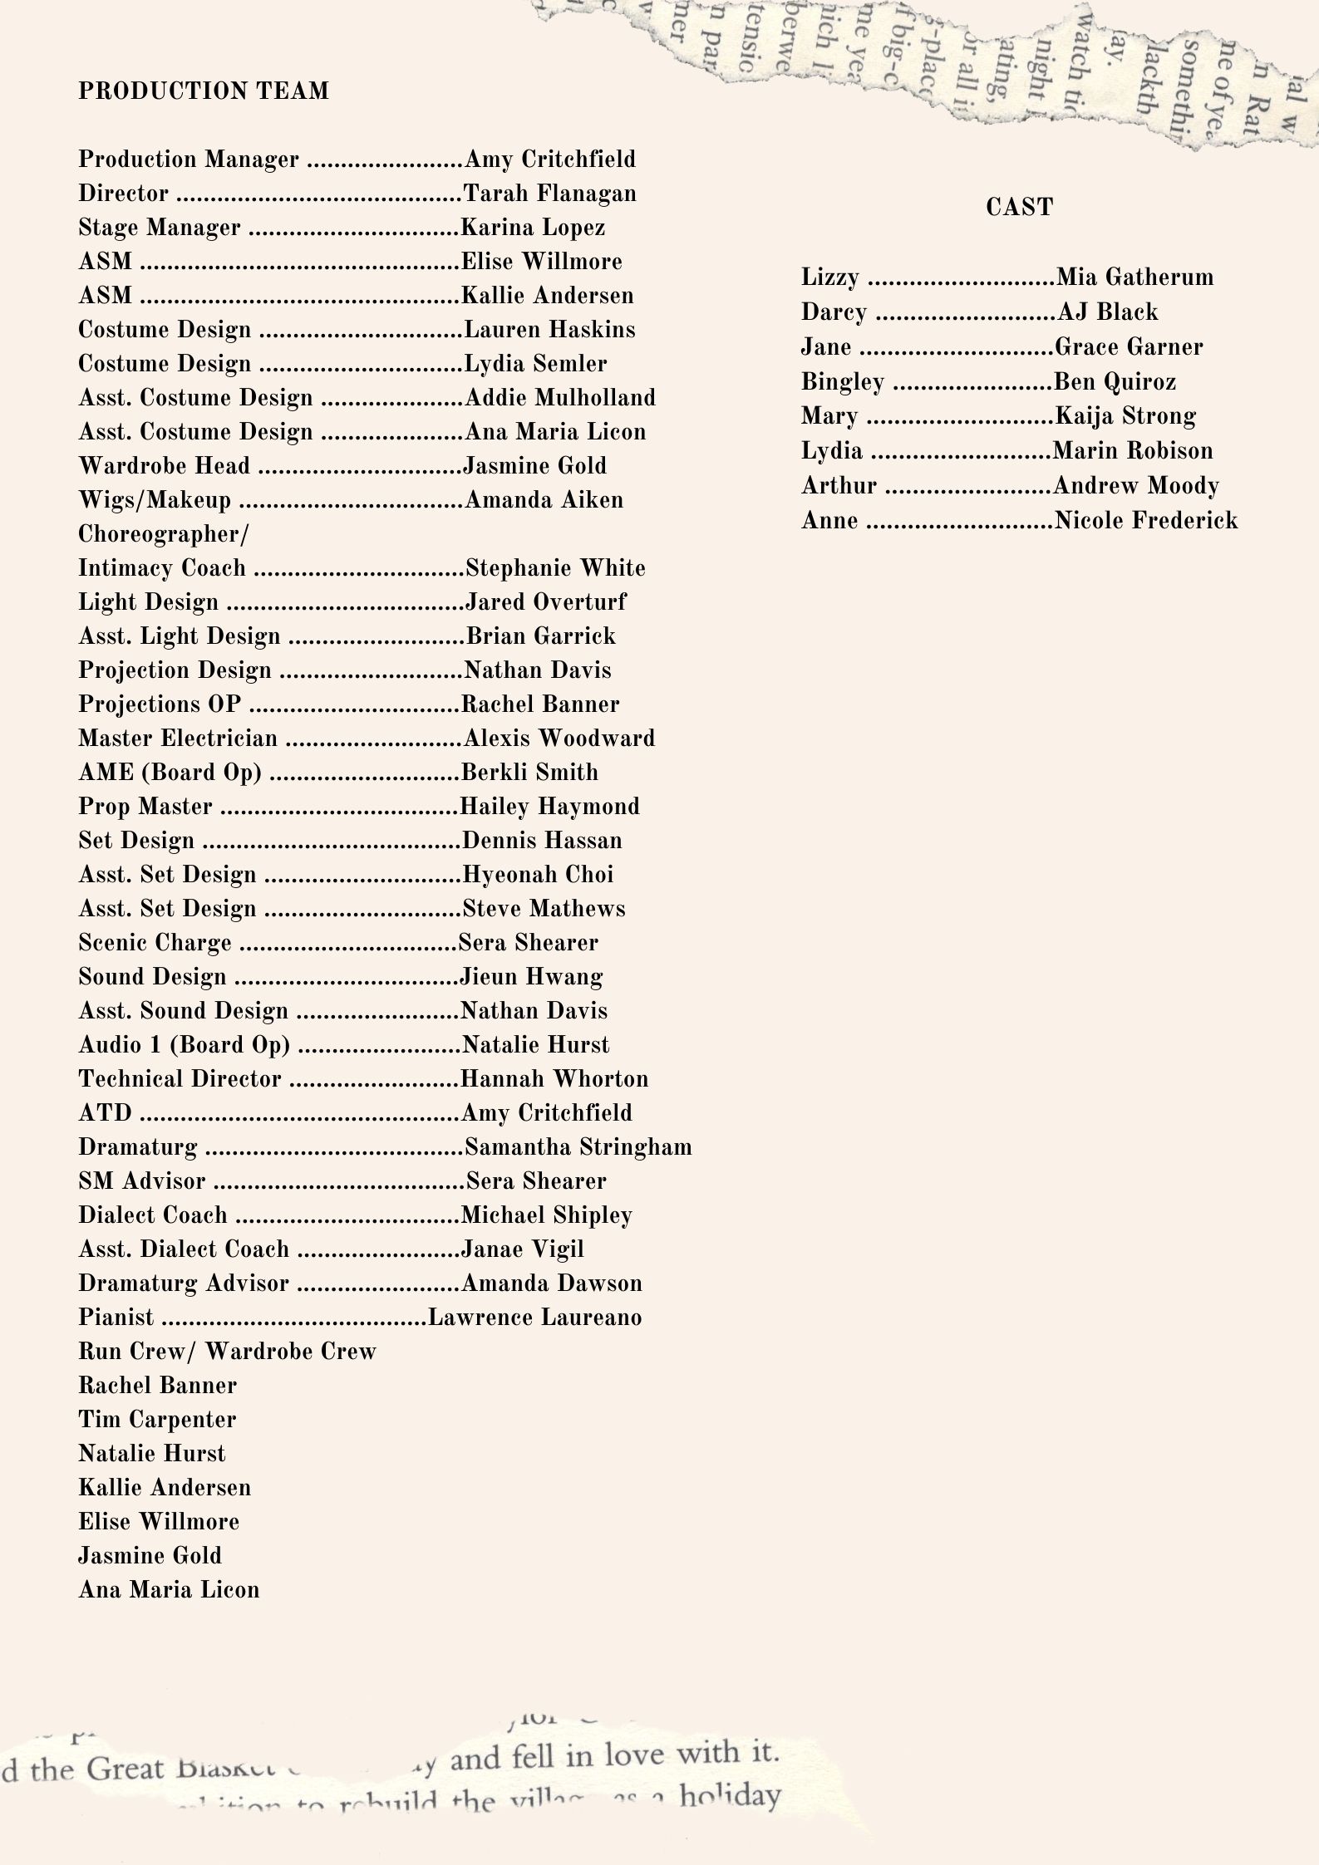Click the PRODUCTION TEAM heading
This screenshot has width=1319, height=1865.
tap(204, 91)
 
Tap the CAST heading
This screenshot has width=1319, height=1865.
tap(1019, 207)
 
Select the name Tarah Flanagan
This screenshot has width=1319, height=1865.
tap(549, 194)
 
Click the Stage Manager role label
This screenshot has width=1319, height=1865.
tap(160, 228)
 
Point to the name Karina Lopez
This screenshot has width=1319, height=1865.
tap(533, 228)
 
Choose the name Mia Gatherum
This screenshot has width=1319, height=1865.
tap(1134, 277)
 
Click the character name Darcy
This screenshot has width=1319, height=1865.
tap(834, 312)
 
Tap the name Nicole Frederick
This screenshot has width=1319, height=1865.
tap(1146, 520)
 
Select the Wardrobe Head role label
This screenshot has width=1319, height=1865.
tap(164, 466)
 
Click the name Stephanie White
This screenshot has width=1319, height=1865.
tap(555, 568)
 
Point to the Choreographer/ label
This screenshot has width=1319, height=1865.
tap(163, 534)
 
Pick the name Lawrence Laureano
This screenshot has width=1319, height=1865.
tap(534, 1318)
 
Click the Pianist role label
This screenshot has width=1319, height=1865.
tap(116, 1318)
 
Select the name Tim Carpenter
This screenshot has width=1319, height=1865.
tap(157, 1420)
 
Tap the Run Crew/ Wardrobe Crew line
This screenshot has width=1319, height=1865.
tap(227, 1352)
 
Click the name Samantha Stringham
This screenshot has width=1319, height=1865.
tap(578, 1147)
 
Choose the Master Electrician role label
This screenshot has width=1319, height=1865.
tap(178, 739)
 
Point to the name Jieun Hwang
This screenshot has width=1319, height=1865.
tap(531, 977)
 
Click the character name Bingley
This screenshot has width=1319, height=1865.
tap(842, 381)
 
